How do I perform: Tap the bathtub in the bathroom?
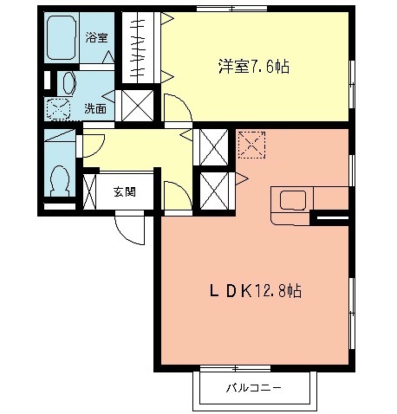click(62, 39)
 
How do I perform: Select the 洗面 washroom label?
click(95, 109)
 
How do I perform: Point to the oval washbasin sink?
click(68, 83)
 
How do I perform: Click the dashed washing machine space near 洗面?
click(58, 110)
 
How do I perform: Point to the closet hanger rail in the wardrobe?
click(137, 48)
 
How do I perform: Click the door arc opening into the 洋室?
click(175, 107)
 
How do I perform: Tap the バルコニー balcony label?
click(255, 388)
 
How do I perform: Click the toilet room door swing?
click(93, 144)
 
